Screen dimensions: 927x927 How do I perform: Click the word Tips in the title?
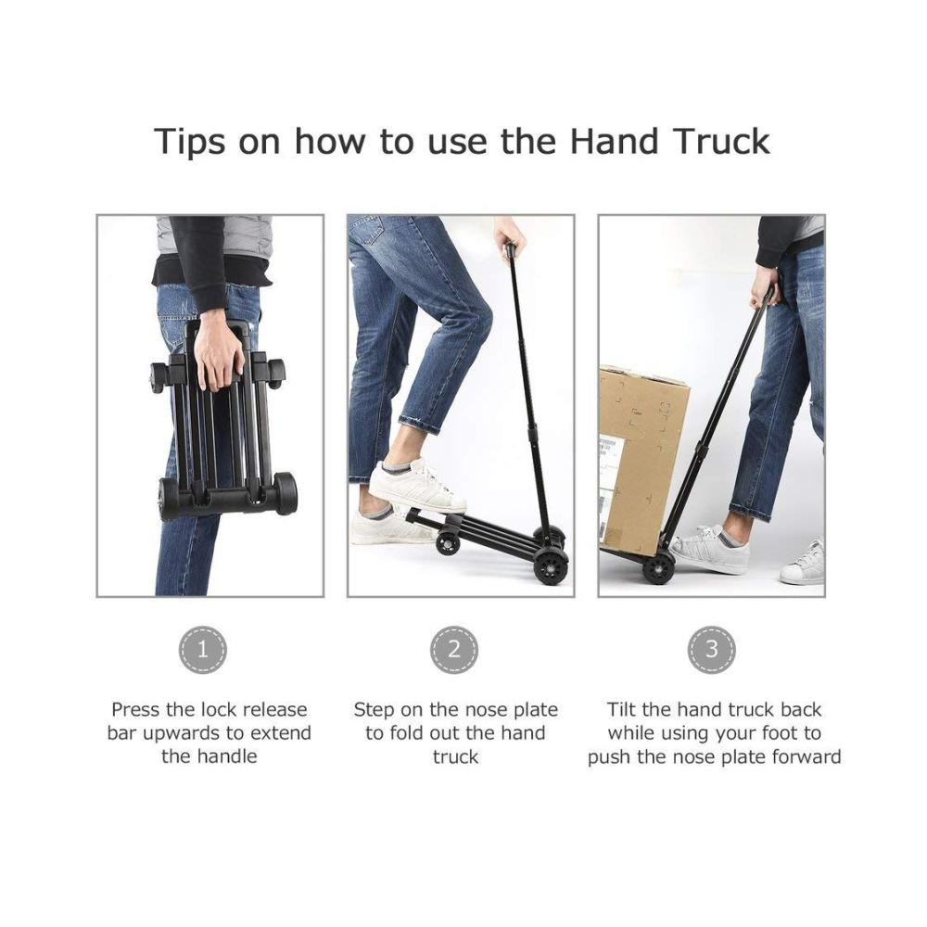[189, 142]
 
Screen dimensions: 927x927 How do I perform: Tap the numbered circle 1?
[203, 650]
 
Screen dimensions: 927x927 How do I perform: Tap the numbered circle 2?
[454, 650]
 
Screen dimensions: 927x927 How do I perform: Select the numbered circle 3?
[712, 650]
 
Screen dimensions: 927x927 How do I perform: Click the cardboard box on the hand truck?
[643, 455]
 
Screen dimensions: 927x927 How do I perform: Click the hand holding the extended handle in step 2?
[509, 235]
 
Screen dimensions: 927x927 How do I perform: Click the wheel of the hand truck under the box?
[658, 569]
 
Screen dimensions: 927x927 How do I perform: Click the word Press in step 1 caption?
[135, 709]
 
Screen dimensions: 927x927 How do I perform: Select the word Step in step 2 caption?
[374, 710]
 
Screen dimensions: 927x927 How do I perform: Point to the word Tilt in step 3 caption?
[622, 709]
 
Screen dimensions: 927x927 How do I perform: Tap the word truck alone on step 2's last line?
[455, 757]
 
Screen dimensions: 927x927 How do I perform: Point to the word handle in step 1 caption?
[226, 756]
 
